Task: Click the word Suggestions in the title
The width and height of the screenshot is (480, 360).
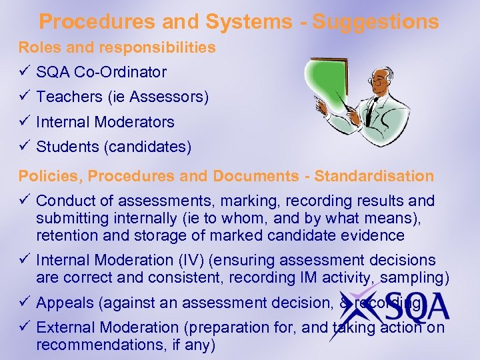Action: tap(376, 21)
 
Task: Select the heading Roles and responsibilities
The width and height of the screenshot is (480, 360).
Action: tap(117, 48)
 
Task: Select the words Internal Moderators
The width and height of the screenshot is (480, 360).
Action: tap(105, 122)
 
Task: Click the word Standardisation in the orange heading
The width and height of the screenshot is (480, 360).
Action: tap(374, 176)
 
